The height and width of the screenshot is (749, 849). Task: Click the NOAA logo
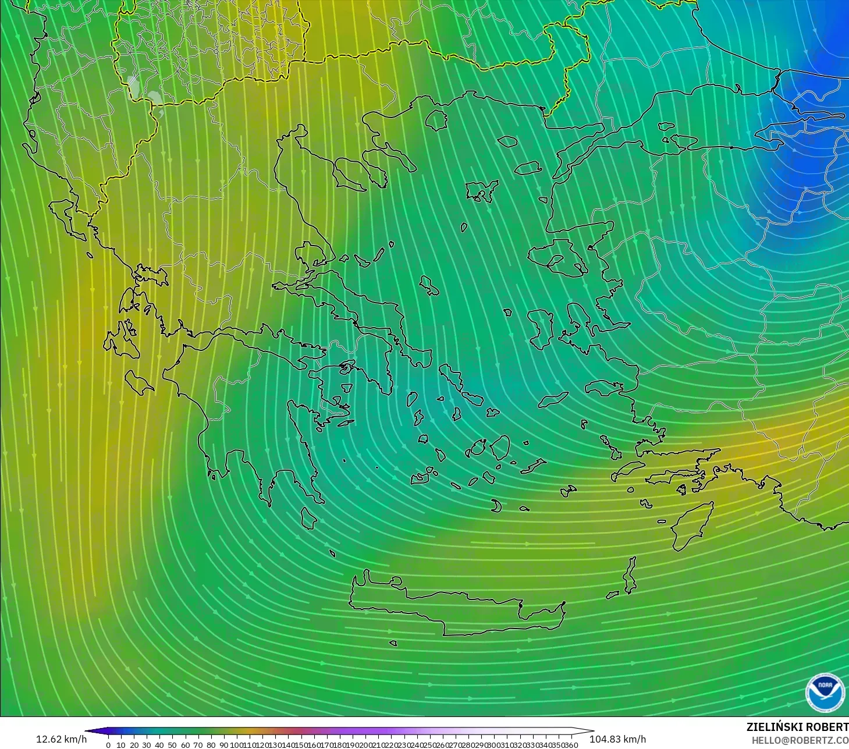pos(825,691)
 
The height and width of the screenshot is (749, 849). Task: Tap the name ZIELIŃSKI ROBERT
pos(797,727)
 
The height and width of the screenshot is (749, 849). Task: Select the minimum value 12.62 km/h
pos(61,739)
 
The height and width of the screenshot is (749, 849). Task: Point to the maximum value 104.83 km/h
pos(617,739)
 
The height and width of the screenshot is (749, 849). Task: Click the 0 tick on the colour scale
pos(108,744)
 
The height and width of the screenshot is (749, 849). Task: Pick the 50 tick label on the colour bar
pos(172,744)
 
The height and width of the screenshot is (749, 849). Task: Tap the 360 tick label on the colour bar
pos(571,744)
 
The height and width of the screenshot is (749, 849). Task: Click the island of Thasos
pos(436,120)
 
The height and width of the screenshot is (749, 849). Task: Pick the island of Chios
pos(541,329)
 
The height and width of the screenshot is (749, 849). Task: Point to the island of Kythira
pos(308,517)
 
